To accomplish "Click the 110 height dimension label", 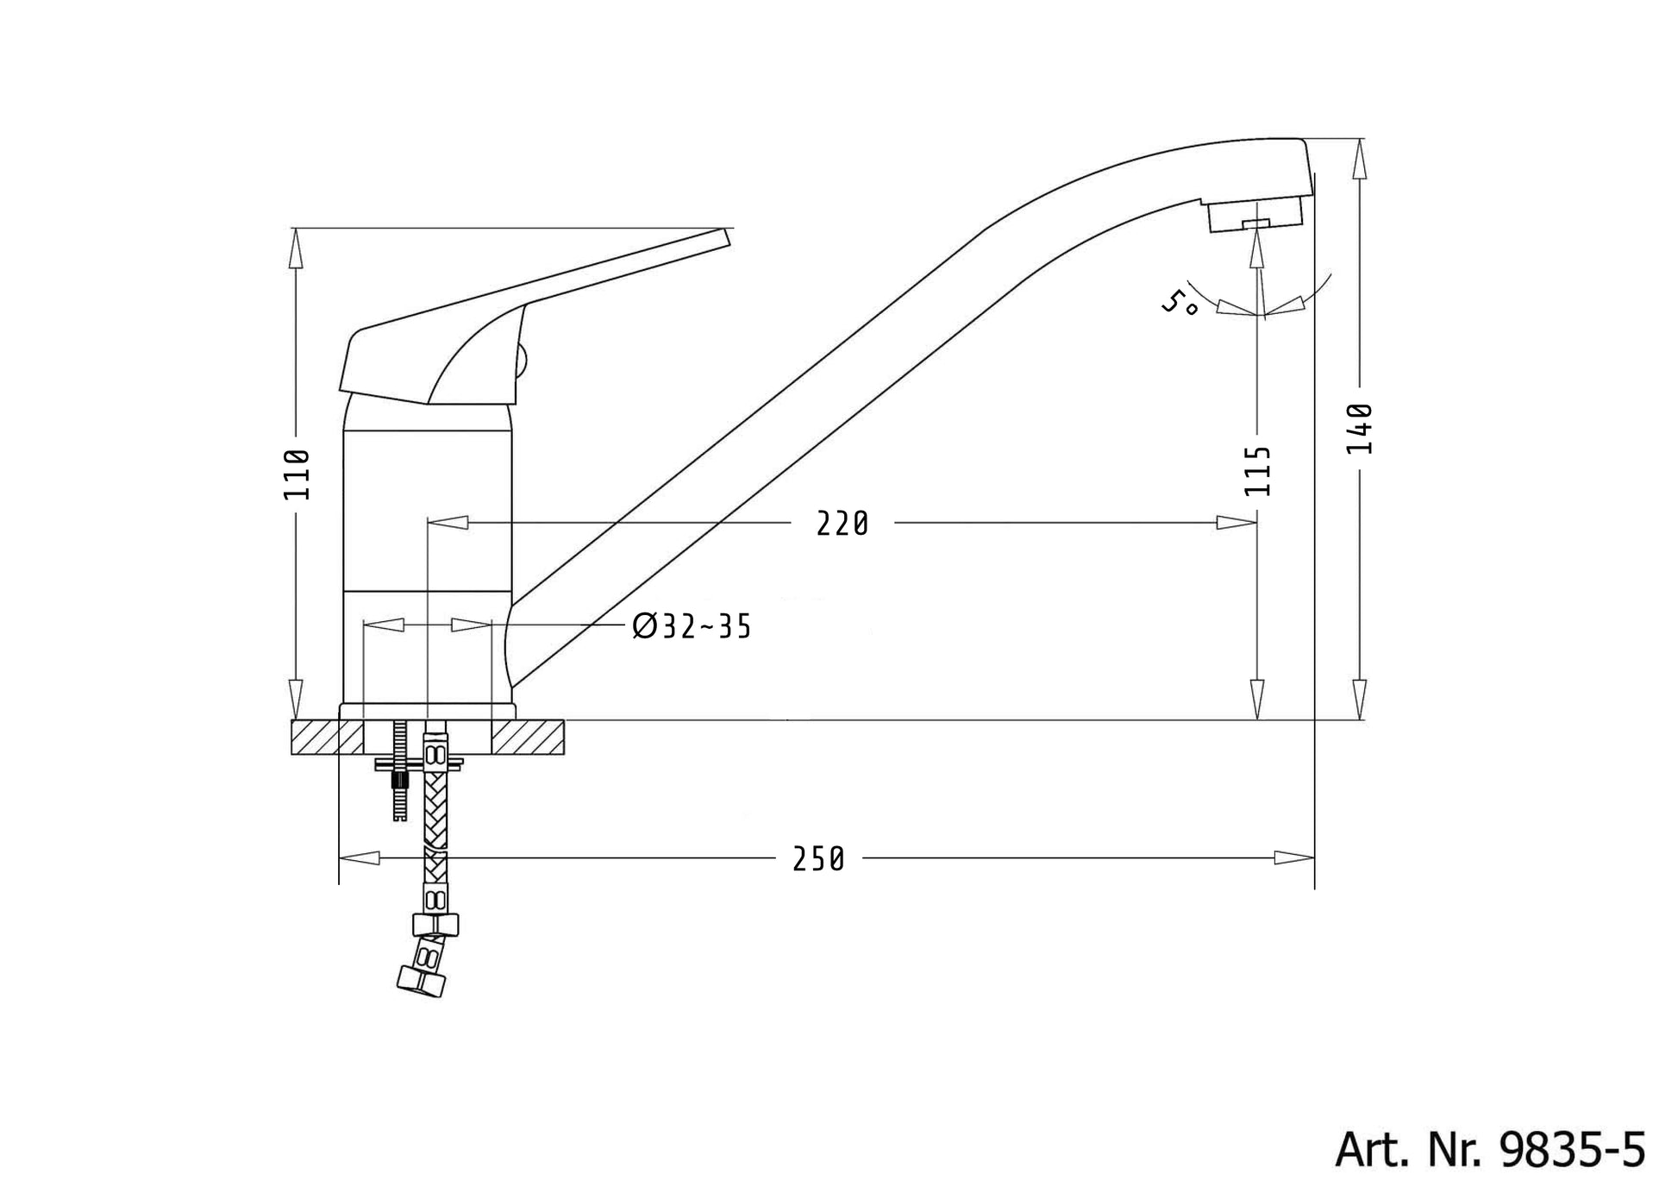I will pyautogui.click(x=297, y=474).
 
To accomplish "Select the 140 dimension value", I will pyautogui.click(x=1359, y=429).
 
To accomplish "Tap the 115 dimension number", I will pyautogui.click(x=1258, y=470).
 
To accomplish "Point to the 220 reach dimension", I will pyautogui.click(x=842, y=524).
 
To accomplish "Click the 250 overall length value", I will pyautogui.click(x=819, y=859).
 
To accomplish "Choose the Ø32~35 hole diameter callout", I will pyautogui.click(x=692, y=626).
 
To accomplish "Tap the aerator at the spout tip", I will pyautogui.click(x=1255, y=215).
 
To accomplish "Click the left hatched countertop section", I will pyautogui.click(x=327, y=738).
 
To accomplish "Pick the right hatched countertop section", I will pyautogui.click(x=527, y=738).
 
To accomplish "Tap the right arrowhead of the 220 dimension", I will pyautogui.click(x=1237, y=523).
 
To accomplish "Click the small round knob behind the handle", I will pyautogui.click(x=520, y=359).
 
